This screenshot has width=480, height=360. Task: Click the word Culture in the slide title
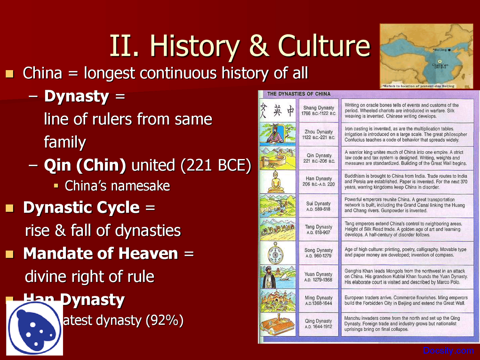point(324,46)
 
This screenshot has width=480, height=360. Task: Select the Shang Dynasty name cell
point(319,110)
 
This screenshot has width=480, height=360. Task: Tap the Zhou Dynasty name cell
point(319,134)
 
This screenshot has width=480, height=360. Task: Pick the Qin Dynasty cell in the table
point(319,158)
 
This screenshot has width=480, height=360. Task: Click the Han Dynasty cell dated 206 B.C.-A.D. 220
point(319,181)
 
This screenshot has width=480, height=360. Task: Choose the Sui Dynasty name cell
point(319,206)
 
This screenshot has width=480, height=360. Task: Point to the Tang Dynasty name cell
point(319,229)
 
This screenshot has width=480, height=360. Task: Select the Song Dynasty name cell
point(319,253)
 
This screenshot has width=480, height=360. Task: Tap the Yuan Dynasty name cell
point(319,277)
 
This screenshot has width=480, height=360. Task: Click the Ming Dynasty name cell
point(319,300)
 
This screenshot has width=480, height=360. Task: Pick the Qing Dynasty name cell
point(319,324)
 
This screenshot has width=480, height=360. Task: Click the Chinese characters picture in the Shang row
point(278,111)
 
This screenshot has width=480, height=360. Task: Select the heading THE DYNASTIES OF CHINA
point(299,94)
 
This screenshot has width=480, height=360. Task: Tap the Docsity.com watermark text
point(448,351)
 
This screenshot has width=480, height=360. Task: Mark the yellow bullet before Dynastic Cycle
point(10,208)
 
